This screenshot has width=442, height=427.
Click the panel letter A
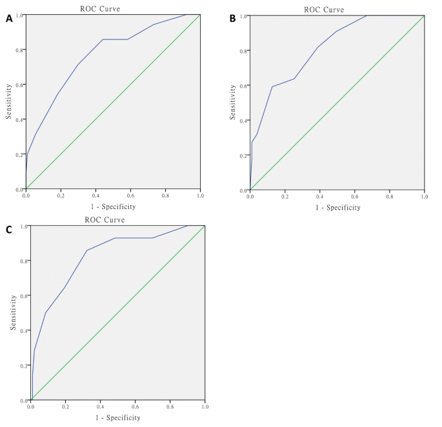click(9, 19)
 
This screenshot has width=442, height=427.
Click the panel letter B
click(233, 19)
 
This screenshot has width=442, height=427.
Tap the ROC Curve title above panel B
click(324, 10)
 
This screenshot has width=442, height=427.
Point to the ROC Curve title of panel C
click(105, 220)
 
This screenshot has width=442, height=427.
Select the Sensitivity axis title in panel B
click(233, 102)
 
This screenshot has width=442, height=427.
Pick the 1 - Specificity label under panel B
click(337, 207)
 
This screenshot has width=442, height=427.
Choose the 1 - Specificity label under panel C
click(117, 417)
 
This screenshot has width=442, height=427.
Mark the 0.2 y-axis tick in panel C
click(23, 366)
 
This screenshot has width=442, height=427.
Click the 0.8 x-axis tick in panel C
click(170, 406)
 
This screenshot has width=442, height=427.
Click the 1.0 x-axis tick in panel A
click(200, 195)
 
